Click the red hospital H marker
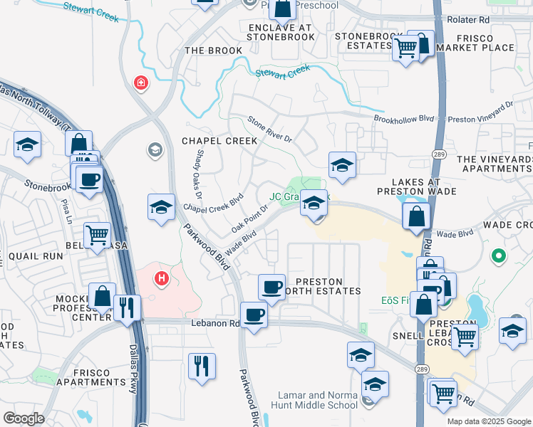pos(162,278)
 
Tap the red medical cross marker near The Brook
pos(142,83)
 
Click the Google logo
pos(24,418)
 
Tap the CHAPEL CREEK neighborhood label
pos(219,141)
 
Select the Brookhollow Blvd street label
pos(404,119)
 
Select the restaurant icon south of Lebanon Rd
pos(202,366)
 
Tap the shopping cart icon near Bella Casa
pos(97,234)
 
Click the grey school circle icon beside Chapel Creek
pos(154,149)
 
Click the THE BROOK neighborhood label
pos(213,51)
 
